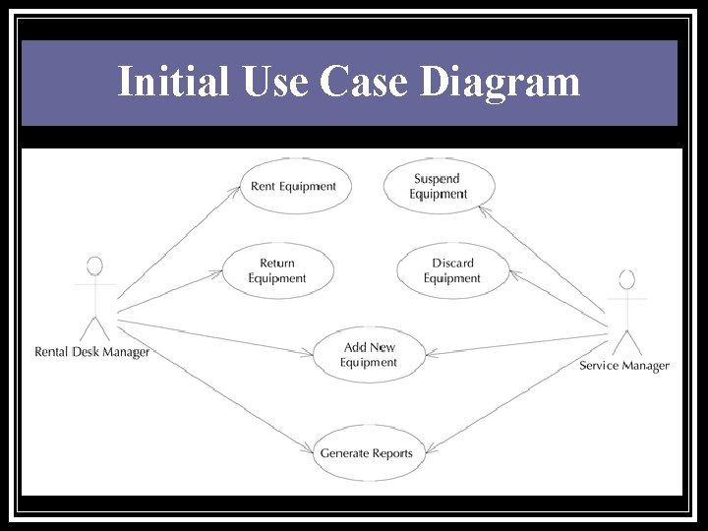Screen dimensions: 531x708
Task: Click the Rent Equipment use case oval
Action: click(294, 186)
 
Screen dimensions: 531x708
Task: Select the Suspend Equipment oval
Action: click(438, 186)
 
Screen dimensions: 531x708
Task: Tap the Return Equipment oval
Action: click(277, 270)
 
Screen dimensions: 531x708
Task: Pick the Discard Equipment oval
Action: click(452, 270)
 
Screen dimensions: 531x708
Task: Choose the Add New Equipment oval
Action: click(369, 355)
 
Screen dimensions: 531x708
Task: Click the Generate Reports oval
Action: click(366, 453)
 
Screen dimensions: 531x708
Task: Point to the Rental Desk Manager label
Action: click(92, 352)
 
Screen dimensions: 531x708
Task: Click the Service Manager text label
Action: click(624, 366)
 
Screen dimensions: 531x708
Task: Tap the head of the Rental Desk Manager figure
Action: click(94, 266)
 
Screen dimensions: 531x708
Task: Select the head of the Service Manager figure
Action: click(626, 280)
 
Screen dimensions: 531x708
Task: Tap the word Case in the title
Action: click(363, 82)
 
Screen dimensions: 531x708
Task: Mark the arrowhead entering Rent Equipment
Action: click(237, 190)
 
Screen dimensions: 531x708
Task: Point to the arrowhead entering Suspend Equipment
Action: click(491, 208)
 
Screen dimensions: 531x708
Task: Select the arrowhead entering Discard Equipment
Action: click(509, 274)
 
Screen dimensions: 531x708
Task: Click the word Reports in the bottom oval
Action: click(392, 453)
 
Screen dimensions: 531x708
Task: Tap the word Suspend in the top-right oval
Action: click(437, 179)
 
